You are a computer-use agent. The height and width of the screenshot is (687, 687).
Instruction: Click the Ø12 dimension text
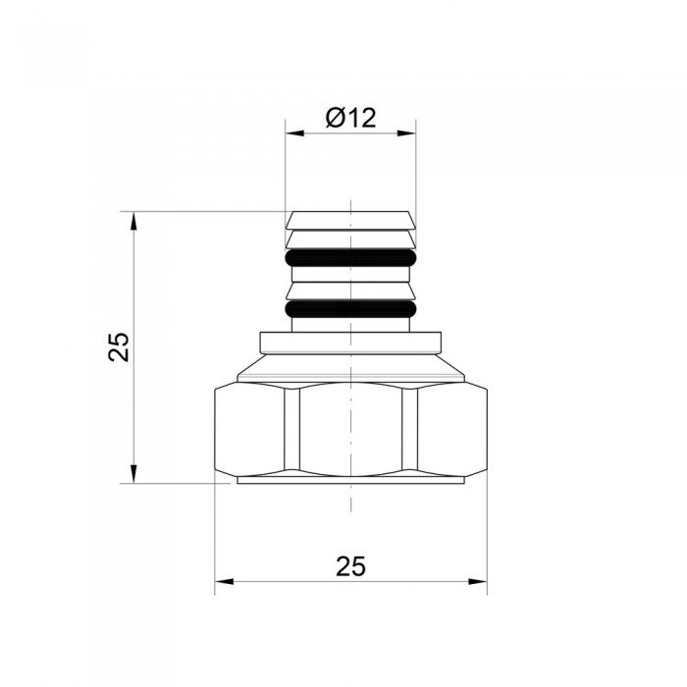pyautogui.click(x=350, y=119)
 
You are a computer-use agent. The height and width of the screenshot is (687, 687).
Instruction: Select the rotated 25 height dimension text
pyautogui.click(x=119, y=346)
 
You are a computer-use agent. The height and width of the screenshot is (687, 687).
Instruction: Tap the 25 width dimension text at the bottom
pyautogui.click(x=350, y=565)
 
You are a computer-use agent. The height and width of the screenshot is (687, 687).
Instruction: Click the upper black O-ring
pyautogui.click(x=350, y=259)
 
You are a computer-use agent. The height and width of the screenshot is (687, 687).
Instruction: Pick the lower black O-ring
pyautogui.click(x=350, y=310)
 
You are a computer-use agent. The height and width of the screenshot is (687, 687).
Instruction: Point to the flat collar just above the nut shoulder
pyautogui.click(x=350, y=343)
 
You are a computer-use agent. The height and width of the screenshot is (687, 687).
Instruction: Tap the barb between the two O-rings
pyautogui.click(x=350, y=286)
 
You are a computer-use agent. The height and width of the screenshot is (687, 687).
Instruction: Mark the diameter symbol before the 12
pyautogui.click(x=334, y=119)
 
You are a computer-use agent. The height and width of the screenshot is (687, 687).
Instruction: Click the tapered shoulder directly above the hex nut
pyautogui.click(x=350, y=369)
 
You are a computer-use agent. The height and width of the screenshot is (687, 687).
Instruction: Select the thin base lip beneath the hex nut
pyautogui.click(x=350, y=480)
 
